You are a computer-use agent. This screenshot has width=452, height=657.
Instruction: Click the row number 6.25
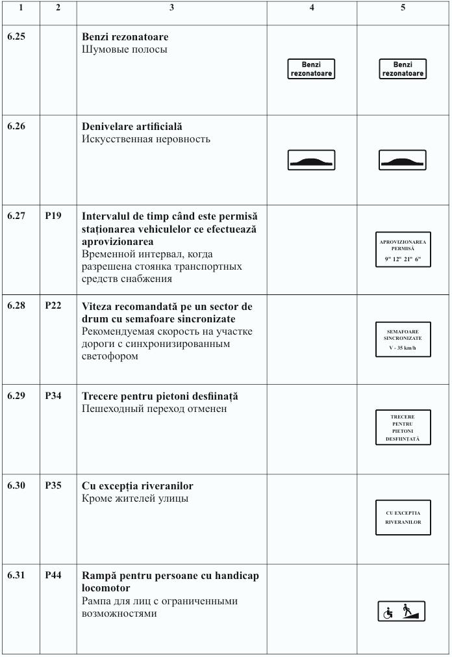16,37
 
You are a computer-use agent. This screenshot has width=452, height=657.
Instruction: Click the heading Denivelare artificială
132,127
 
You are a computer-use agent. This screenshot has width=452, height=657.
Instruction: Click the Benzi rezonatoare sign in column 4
311,69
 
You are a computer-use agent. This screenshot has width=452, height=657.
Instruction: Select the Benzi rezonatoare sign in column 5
403,69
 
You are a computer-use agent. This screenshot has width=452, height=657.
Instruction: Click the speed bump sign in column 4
311,160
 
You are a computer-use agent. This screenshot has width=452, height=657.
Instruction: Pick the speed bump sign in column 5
403,160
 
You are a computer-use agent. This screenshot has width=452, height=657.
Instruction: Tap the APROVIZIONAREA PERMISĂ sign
403,250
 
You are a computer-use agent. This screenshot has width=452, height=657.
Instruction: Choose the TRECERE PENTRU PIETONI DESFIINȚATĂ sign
403,428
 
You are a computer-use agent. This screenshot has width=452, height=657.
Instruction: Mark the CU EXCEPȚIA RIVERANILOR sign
403,517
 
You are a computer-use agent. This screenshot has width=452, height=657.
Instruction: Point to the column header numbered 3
171,8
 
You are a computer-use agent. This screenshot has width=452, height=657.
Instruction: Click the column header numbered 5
403,8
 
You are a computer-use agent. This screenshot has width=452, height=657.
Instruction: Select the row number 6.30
16,486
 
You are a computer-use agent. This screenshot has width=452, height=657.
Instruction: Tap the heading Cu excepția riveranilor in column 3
137,486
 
